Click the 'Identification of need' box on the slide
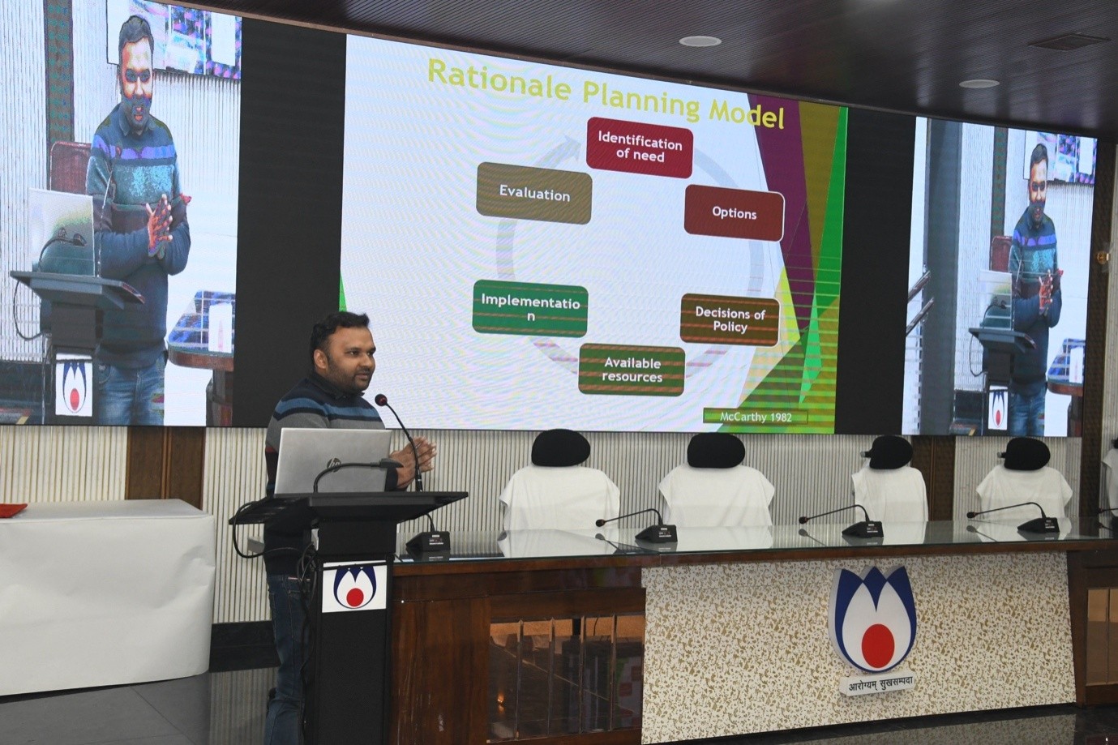coord(640,148)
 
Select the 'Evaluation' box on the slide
coord(534,194)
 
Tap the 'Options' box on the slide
coord(734,213)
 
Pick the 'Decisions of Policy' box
coord(730,320)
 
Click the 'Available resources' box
coord(632,370)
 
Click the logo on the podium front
coord(353,587)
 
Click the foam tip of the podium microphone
coord(381,400)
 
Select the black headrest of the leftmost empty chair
coord(560,447)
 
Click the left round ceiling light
coord(700,41)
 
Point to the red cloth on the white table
coord(12,508)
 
